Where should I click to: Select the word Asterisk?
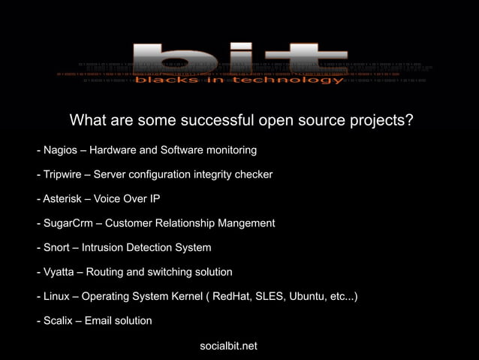62,199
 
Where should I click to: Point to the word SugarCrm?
68,223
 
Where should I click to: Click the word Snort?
56,247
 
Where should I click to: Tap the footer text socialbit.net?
229,346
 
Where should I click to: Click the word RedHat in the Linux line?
233,296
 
